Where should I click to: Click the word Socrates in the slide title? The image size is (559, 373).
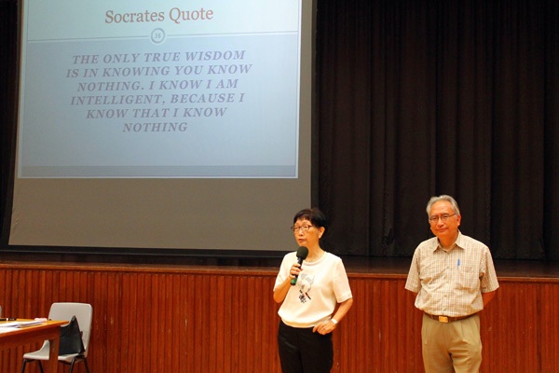pos(135,16)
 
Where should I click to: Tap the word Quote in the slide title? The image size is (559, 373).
pos(191,15)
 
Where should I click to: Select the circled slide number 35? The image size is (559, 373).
pos(157,35)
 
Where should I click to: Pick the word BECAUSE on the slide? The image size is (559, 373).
pos(203,99)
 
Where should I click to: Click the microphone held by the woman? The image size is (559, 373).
pos(299,265)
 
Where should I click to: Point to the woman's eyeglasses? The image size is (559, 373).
pos(302,228)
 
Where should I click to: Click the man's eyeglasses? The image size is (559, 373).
pos(442,217)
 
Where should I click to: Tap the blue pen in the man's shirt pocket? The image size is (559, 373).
pos(458,263)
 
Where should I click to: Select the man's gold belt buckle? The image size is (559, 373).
pos(443,319)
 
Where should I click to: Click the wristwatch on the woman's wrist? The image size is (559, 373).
pos(334,322)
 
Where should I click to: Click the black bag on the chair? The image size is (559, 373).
pos(71,336)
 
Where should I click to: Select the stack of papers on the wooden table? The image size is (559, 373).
pos(20,324)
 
